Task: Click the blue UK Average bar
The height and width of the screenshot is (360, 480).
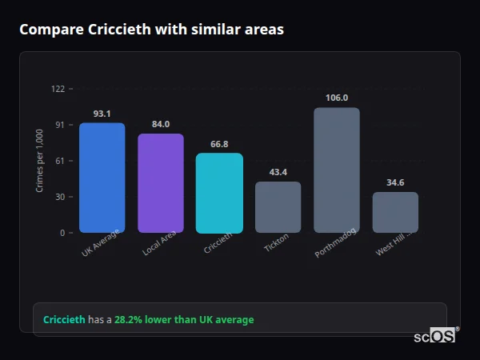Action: coord(102,178)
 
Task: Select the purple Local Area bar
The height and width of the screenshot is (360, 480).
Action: coord(161,183)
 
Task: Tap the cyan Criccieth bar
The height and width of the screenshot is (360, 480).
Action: coord(219,193)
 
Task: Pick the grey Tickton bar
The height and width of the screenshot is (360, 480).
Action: coord(278,207)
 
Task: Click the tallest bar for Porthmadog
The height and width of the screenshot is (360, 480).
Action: coord(336,170)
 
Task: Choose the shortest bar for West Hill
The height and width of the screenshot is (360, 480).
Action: coord(395,212)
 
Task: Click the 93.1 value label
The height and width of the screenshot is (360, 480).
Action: coord(102,114)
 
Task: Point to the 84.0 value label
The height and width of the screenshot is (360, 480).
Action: coord(161,124)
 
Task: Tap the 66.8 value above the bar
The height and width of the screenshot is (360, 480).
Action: coord(219,144)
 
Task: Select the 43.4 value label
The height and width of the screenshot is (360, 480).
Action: coord(278,172)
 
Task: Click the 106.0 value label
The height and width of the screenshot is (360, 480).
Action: coord(337,98)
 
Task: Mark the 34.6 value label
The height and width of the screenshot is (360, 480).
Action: coord(395,182)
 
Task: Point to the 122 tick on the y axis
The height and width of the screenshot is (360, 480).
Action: coord(58,89)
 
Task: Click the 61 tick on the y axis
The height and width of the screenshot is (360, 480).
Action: coord(59,161)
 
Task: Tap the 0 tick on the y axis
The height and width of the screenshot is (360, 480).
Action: coord(62,233)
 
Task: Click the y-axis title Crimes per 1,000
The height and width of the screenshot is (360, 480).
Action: coord(39,160)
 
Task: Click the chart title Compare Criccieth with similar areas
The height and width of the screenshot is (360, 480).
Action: coord(151,30)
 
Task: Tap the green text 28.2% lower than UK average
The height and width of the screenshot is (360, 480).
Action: coord(184,320)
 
